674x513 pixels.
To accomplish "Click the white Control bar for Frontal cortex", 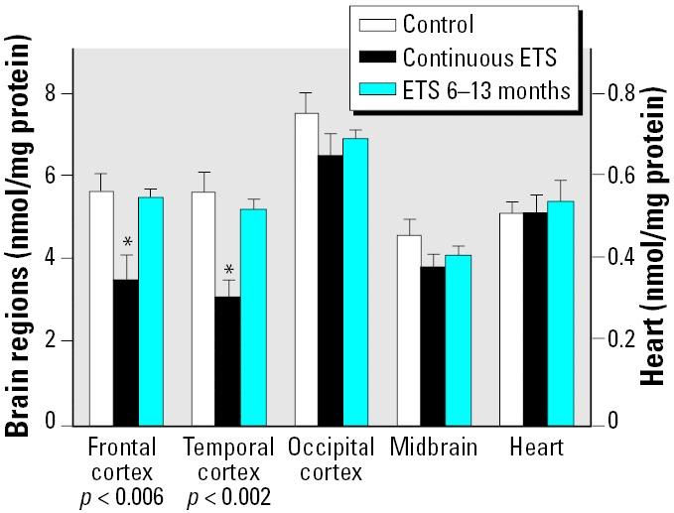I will pos(101,308).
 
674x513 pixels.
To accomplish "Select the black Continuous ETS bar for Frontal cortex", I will pos(126,352).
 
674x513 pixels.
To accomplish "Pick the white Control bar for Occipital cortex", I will pos(307,269).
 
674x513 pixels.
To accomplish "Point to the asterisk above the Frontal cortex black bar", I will pos(127,242).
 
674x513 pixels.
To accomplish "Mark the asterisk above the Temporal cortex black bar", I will pos(228,271).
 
